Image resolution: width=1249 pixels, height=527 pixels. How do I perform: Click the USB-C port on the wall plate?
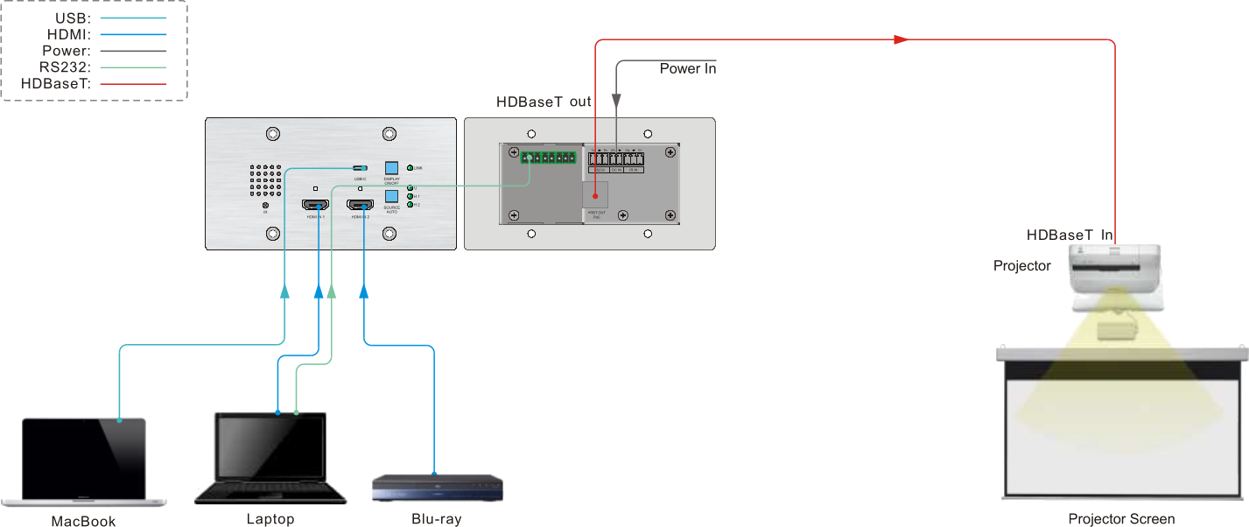click(360, 167)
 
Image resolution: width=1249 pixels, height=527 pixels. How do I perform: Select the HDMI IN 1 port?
click(315, 206)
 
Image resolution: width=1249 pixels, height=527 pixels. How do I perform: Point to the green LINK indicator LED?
click(410, 167)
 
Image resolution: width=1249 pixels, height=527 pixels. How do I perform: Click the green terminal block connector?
click(547, 158)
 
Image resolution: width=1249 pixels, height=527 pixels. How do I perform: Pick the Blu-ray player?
click(438, 488)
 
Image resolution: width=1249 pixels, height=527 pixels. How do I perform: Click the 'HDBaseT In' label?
click(1070, 235)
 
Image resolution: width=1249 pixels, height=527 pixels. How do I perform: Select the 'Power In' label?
click(688, 68)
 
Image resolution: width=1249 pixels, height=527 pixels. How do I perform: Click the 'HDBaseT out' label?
click(544, 102)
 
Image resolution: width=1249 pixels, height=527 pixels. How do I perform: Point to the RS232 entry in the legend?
click(94, 67)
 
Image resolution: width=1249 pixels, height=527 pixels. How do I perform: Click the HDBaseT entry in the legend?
click(94, 84)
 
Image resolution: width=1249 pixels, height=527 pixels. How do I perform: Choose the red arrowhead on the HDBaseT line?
click(900, 39)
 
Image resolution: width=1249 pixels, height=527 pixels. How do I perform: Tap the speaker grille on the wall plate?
click(263, 182)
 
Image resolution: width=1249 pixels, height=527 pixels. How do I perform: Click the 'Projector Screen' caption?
click(1121, 519)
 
